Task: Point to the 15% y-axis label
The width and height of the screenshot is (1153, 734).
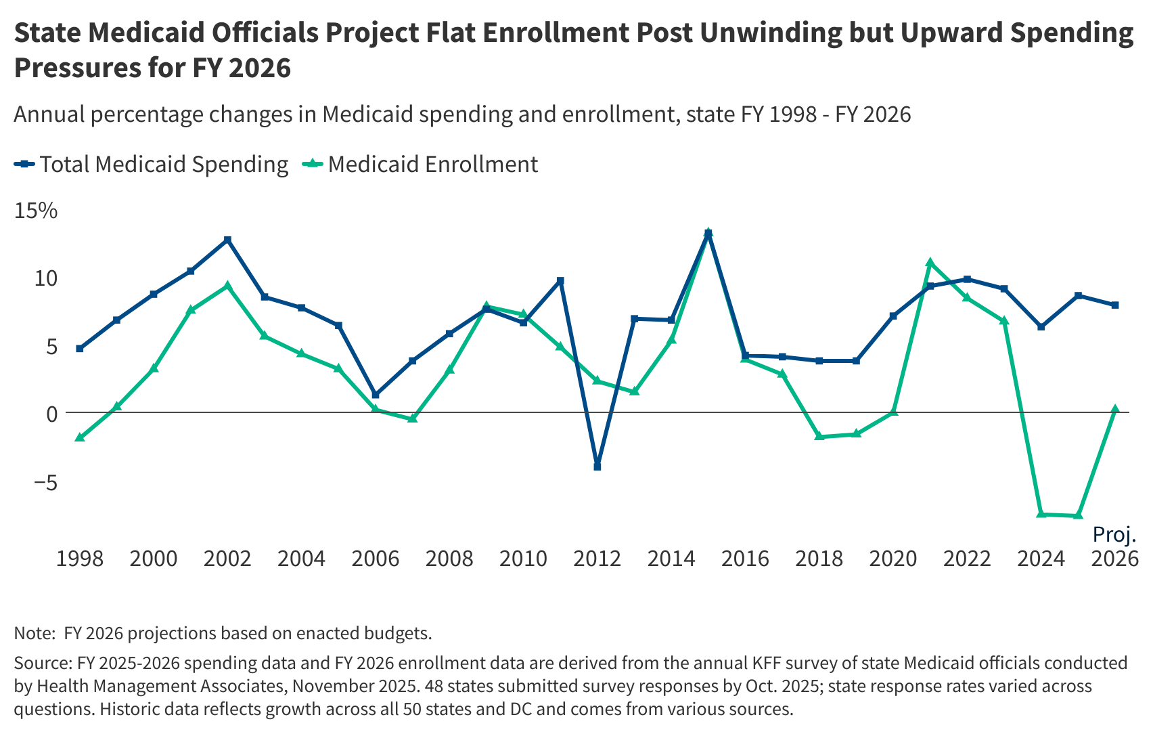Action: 36,211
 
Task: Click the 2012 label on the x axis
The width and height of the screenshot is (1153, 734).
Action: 597,559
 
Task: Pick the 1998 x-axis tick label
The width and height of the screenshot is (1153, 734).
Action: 80,559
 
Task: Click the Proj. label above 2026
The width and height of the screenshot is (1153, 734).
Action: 1114,535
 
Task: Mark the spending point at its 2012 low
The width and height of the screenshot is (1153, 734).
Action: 597,467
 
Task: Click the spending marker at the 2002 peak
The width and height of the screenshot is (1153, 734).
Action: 227,240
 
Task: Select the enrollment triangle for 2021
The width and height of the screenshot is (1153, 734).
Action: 930,263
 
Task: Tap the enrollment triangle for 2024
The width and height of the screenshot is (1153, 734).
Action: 1041,515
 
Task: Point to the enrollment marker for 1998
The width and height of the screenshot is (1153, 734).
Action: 80,437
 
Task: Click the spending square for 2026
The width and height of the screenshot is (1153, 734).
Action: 1114,305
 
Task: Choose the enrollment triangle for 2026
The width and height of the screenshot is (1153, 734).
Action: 1114,409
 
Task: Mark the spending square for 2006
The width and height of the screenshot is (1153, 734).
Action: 376,395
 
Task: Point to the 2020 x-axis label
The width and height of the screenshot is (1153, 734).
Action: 892,559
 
